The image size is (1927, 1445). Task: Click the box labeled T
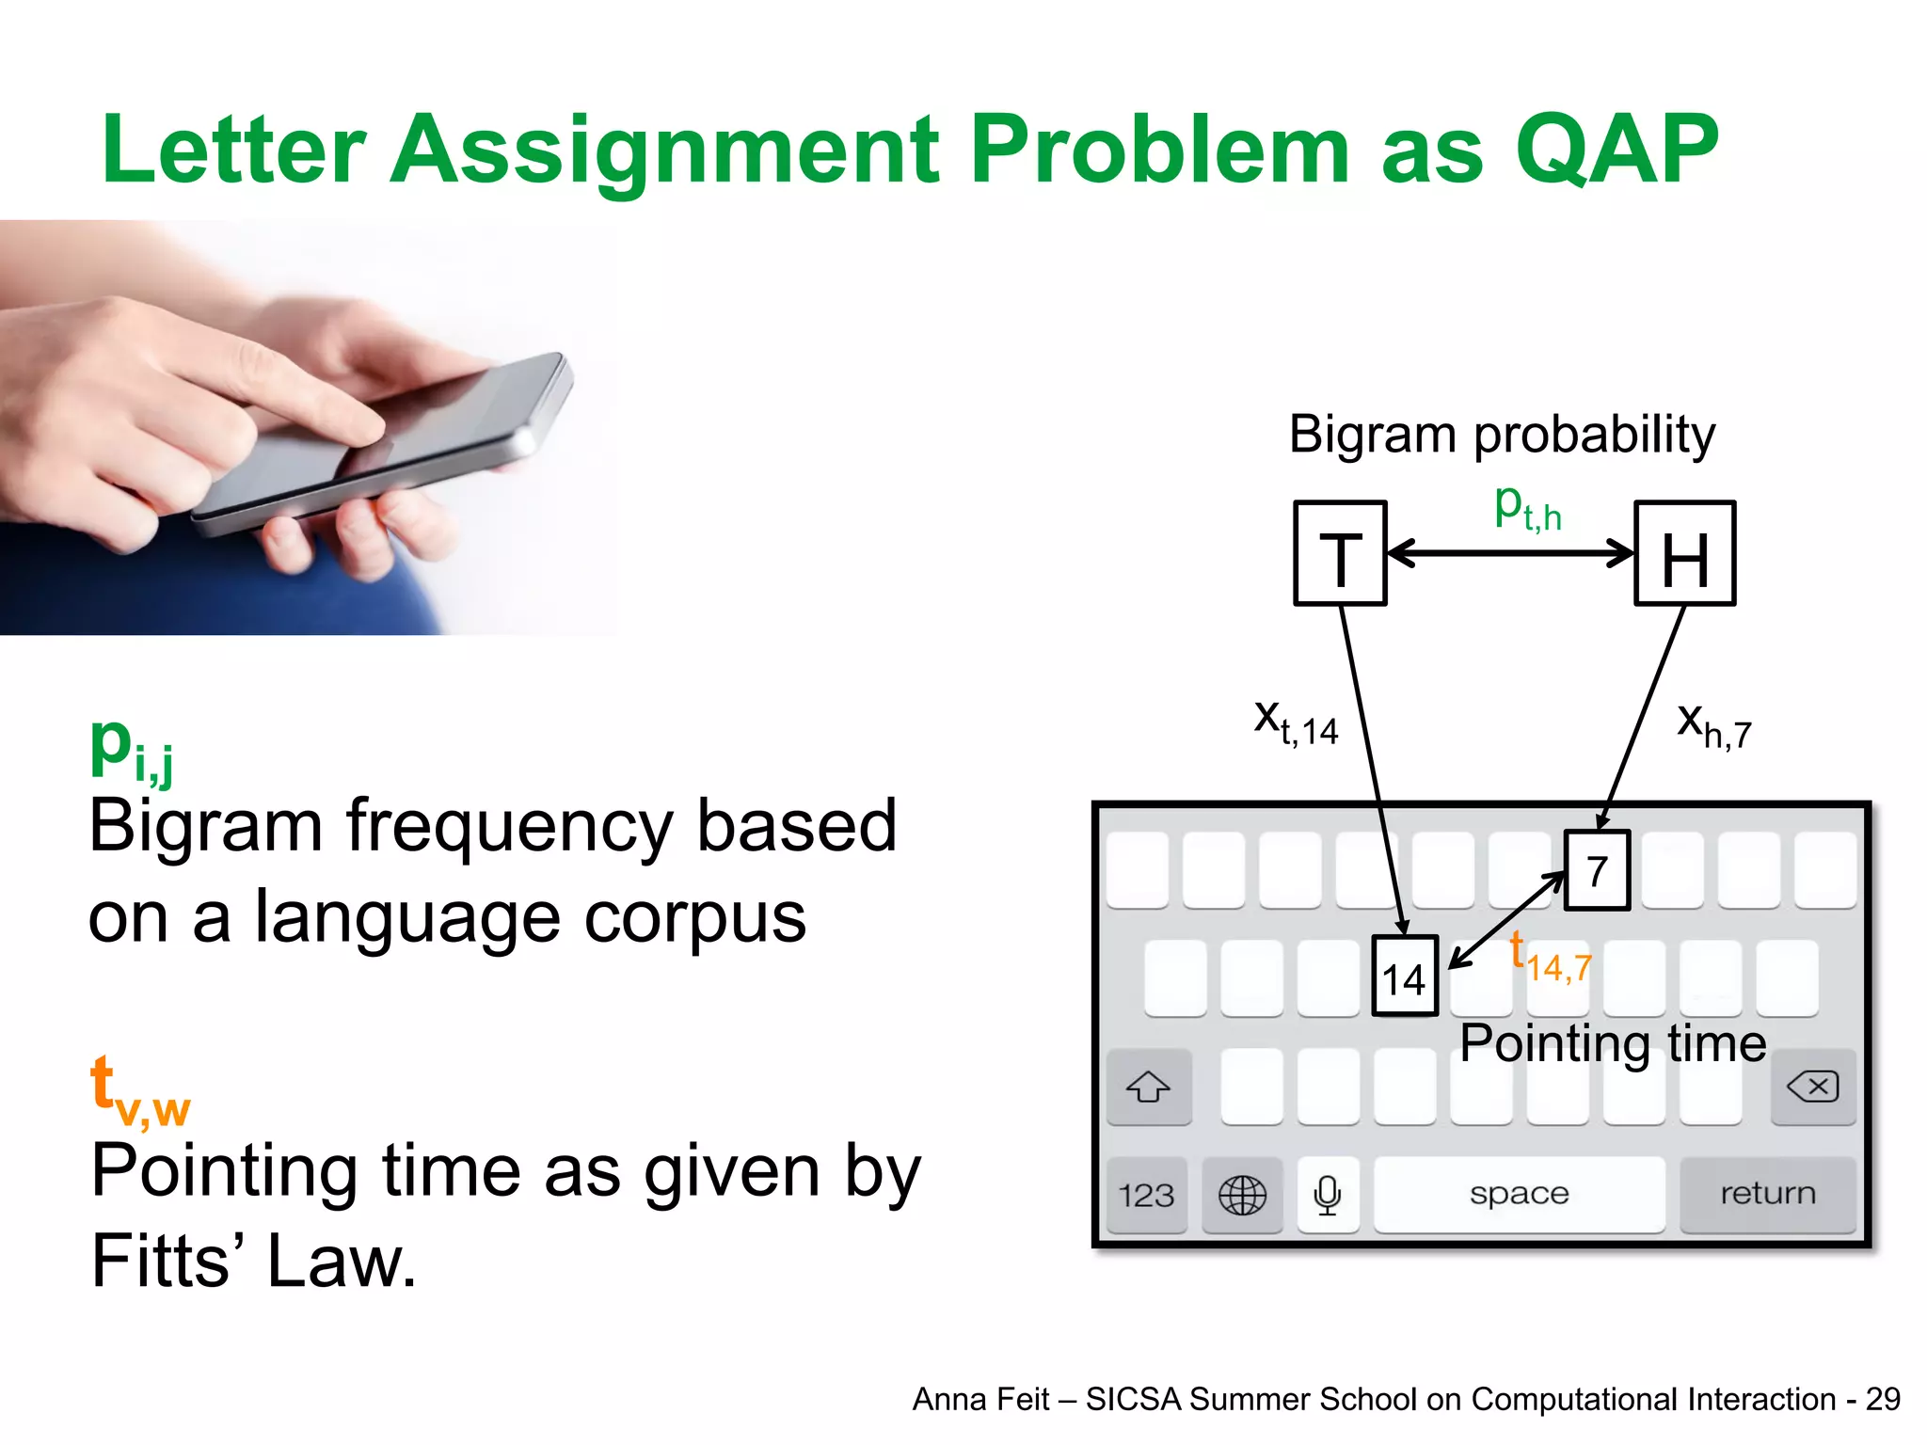click(x=1340, y=553)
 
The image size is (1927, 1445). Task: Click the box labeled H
click(x=1684, y=553)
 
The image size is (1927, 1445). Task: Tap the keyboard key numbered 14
click(x=1404, y=977)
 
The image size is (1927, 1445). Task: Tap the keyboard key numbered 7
click(x=1597, y=870)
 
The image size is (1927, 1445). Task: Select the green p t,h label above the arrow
click(x=1527, y=507)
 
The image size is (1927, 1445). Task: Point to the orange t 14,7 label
click(x=1551, y=959)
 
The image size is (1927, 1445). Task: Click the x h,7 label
click(x=1713, y=726)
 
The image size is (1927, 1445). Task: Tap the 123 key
click(x=1146, y=1196)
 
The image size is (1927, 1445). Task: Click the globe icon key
click(x=1242, y=1196)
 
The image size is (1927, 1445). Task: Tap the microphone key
click(x=1328, y=1196)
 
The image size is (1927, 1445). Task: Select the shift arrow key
click(x=1148, y=1088)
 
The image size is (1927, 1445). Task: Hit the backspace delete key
click(x=1812, y=1088)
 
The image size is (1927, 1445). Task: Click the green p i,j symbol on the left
click(x=131, y=749)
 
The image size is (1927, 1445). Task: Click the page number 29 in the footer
click(x=1883, y=1400)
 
